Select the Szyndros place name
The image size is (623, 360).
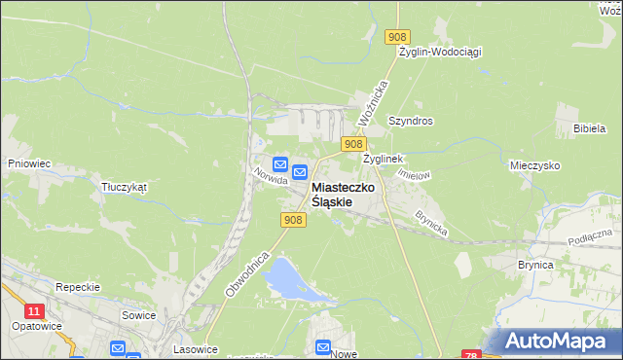tap(410, 122)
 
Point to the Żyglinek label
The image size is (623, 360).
tap(383, 158)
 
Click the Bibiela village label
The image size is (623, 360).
tap(590, 128)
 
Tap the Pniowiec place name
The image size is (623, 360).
tap(28, 163)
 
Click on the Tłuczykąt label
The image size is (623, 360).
tap(124, 188)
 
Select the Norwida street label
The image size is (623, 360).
tap(269, 175)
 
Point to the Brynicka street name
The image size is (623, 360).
tap(430, 224)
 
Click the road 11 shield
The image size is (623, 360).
tap(35, 311)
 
